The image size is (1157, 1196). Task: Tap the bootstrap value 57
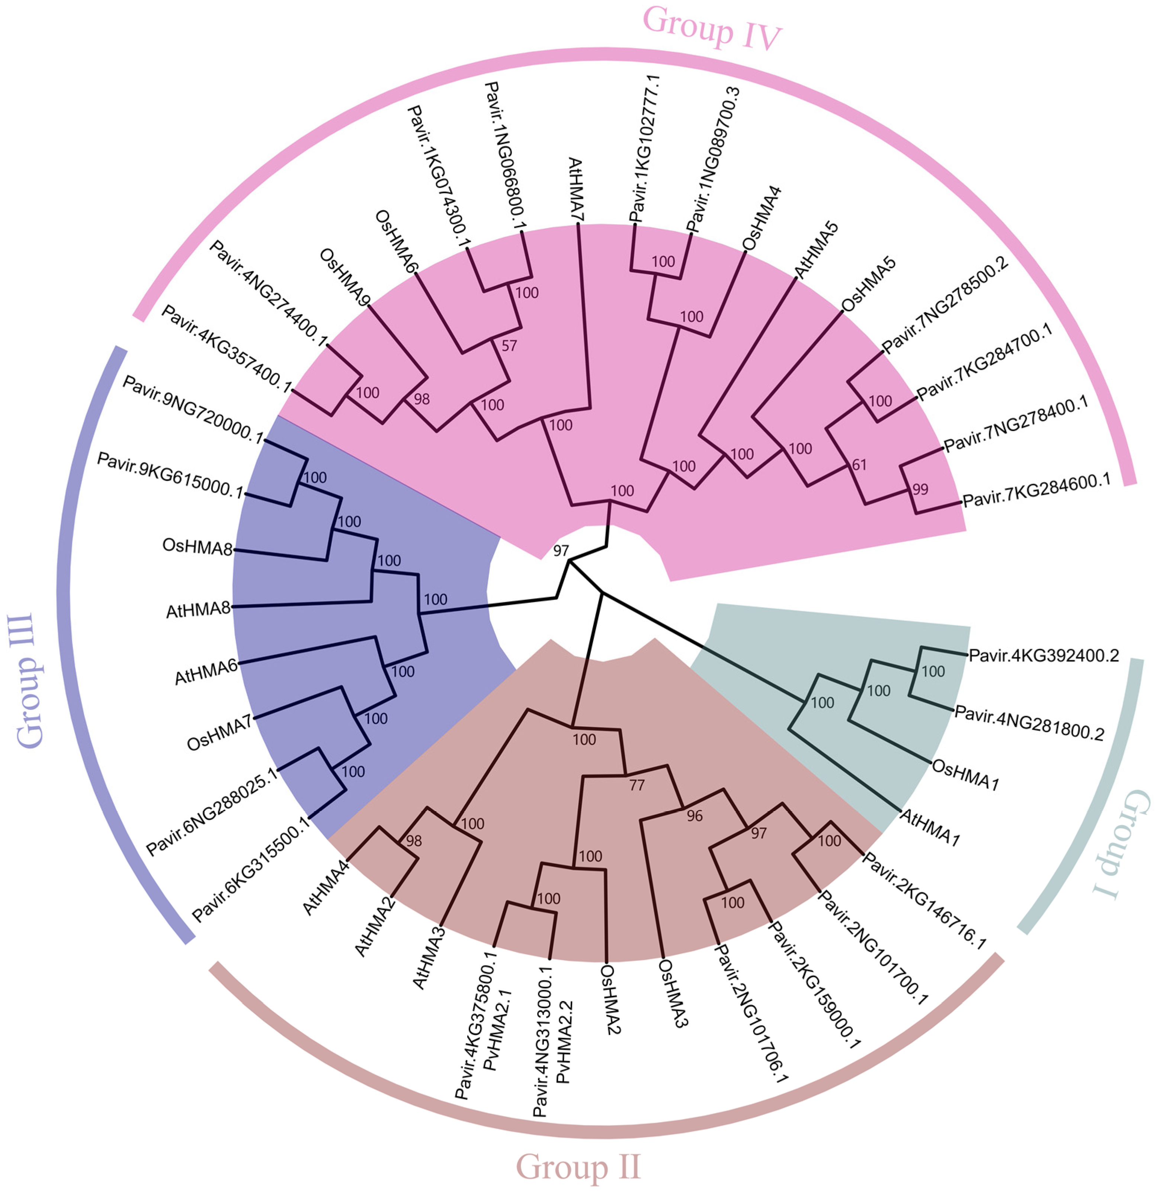[x=509, y=346]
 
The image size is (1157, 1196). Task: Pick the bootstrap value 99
[x=920, y=490]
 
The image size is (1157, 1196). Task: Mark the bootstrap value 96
[x=695, y=816]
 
